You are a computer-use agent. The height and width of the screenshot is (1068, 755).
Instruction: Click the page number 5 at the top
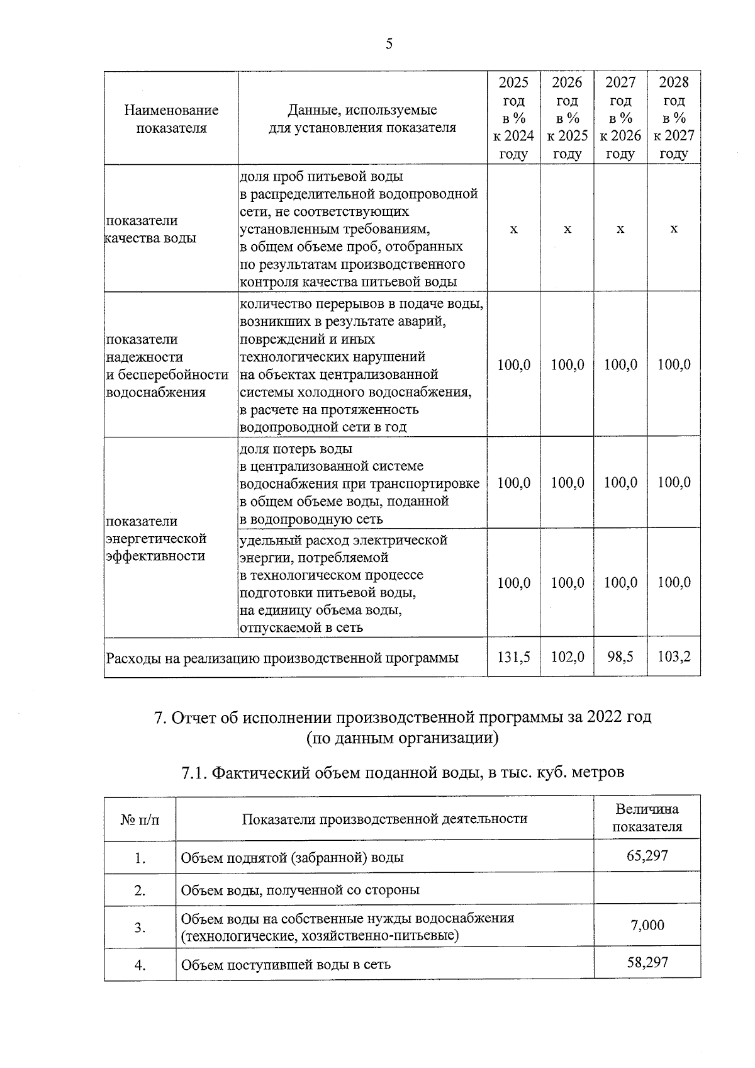389,43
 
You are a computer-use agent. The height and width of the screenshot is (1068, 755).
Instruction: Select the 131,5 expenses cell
513,656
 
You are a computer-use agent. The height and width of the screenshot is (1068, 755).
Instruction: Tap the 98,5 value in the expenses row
620,656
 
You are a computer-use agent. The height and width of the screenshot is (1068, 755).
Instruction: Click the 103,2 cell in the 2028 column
674,656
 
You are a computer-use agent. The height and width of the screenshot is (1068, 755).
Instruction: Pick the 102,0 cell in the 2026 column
567,656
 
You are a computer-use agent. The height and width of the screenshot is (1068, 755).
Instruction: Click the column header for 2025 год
513,118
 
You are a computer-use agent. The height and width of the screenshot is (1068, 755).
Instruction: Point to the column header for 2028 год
674,118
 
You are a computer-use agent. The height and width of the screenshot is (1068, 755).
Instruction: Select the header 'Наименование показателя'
171,119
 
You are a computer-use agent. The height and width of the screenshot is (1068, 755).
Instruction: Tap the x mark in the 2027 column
620,229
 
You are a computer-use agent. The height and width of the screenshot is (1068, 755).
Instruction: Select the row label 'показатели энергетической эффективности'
156,538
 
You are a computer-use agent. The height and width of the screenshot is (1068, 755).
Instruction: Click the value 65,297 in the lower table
647,855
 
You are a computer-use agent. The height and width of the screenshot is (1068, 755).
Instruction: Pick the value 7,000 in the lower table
647,925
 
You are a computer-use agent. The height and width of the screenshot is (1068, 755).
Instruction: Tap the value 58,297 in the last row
647,962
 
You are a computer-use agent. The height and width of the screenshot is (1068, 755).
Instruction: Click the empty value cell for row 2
647,889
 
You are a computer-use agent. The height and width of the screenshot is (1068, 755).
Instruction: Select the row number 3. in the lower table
140,927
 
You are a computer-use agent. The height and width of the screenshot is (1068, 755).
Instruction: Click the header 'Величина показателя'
647,818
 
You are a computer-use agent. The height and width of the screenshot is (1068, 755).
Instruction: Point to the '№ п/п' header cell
140,819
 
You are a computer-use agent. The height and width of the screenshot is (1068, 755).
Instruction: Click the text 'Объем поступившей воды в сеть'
286,964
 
